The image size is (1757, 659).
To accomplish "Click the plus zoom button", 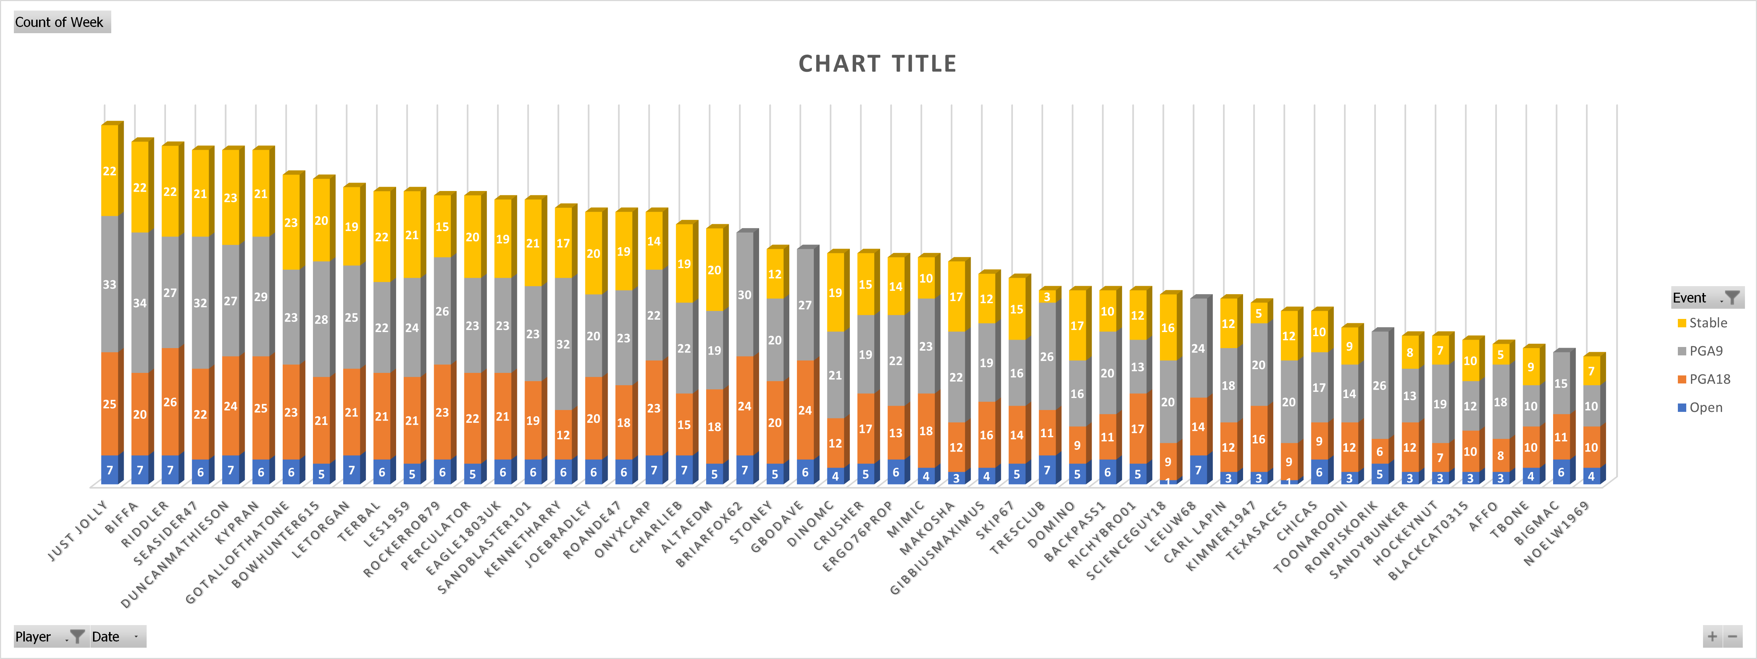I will [1712, 636].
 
